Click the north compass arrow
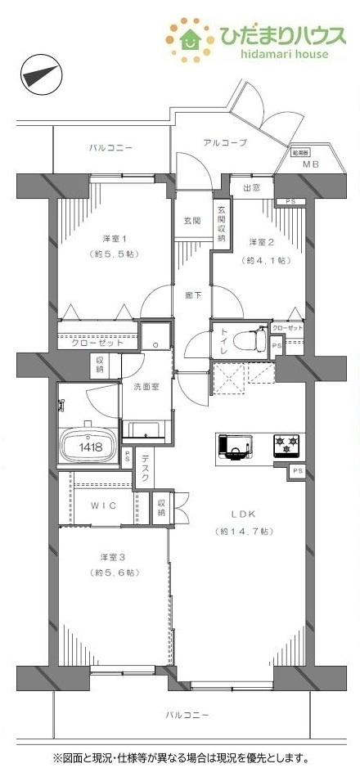40,75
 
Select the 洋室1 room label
114,238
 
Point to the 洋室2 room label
261,241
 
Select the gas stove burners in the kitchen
286,445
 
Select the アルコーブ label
225,142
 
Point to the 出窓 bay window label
252,188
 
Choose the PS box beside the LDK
297,471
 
